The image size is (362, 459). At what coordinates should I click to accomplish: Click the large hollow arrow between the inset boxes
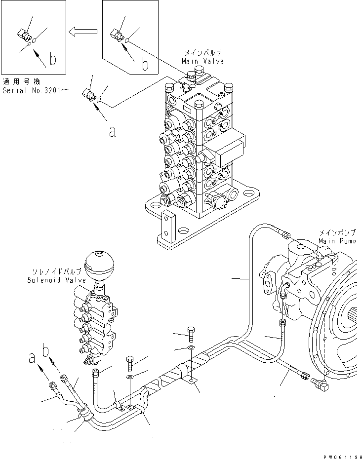click(83, 33)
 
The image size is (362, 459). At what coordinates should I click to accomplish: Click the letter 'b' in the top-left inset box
click(52, 60)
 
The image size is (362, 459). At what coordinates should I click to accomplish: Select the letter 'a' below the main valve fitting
click(113, 132)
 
